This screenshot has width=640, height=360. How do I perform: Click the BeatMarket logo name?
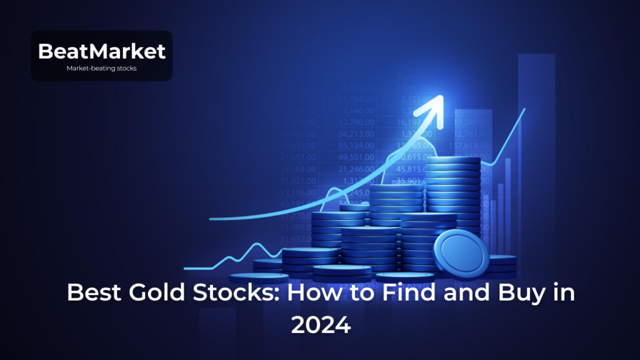point(101,51)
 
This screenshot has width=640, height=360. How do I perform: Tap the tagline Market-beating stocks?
point(101,69)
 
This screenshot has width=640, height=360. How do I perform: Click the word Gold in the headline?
point(154,292)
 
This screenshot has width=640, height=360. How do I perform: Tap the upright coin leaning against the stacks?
point(462,253)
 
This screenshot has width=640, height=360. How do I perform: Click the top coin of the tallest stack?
point(453,161)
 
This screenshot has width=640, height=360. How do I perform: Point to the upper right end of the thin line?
point(524,109)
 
